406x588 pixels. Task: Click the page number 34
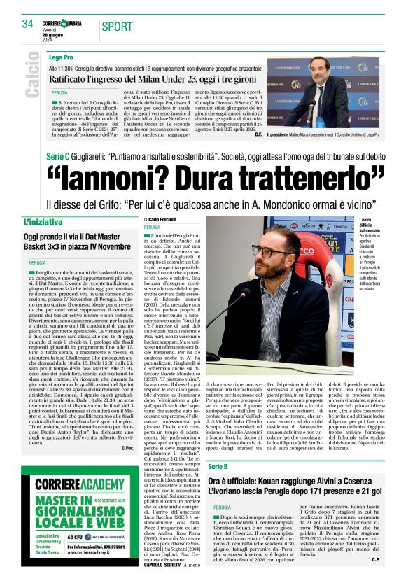pos(28,24)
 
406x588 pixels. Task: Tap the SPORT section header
pos(117,27)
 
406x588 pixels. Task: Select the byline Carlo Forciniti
pos(164,220)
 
